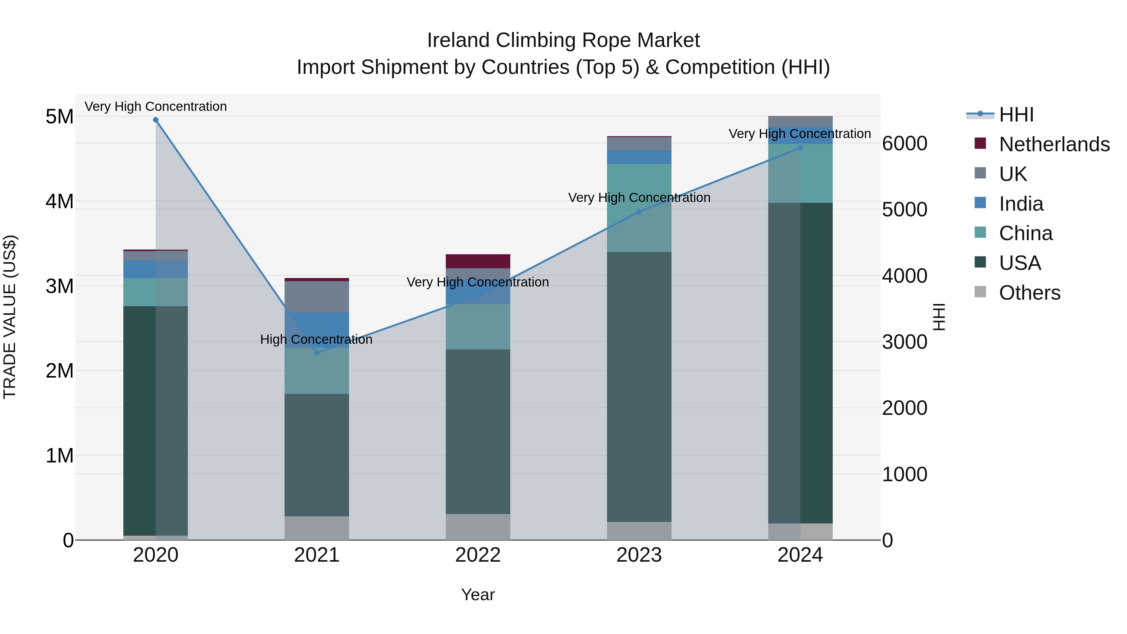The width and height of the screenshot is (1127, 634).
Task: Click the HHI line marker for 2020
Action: (x=156, y=120)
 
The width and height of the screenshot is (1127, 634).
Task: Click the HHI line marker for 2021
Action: (x=317, y=353)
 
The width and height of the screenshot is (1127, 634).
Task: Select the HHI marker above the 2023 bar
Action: (x=639, y=212)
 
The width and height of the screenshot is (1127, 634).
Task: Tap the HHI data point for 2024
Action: (x=800, y=148)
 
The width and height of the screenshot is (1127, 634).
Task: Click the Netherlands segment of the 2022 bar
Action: (x=478, y=261)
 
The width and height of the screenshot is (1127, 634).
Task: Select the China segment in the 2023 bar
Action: (x=639, y=208)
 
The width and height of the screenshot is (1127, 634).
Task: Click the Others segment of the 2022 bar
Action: (x=478, y=527)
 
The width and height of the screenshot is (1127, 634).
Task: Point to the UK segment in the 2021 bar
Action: (x=317, y=297)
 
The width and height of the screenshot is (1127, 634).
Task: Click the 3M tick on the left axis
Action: (x=59, y=286)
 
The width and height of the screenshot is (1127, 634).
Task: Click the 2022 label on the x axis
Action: (x=478, y=555)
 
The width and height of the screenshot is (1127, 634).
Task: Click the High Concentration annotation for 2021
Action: (x=316, y=339)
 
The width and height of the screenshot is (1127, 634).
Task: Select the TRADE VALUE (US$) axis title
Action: (x=10, y=317)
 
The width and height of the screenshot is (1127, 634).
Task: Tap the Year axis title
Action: (x=478, y=595)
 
